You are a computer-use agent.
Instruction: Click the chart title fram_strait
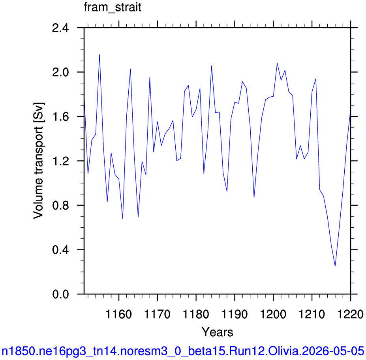(113, 7)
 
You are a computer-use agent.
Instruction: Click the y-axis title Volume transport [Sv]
(39, 161)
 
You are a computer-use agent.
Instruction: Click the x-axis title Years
(217, 332)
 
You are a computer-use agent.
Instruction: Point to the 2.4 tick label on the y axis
(61, 28)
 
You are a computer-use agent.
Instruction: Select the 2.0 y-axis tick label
(61, 72)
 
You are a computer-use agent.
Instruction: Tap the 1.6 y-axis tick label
(61, 117)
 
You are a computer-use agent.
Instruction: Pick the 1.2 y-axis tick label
(61, 161)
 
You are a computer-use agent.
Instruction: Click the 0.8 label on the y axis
(61, 205)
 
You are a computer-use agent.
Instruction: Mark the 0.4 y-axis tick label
(61, 250)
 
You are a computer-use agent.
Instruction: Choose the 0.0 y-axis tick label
(61, 294)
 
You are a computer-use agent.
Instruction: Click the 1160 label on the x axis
(119, 314)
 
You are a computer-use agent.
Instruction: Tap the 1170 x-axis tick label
(158, 314)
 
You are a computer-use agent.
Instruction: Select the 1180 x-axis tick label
(196, 314)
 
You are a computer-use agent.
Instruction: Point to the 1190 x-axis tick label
(235, 314)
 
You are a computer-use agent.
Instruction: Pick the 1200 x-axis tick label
(273, 314)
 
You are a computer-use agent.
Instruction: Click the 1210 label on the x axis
(312, 314)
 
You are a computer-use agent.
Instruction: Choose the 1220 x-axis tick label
(351, 314)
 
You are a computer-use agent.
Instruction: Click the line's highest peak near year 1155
(99, 54)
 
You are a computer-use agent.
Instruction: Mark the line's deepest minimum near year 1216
(335, 266)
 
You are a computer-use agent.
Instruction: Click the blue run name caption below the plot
(183, 351)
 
